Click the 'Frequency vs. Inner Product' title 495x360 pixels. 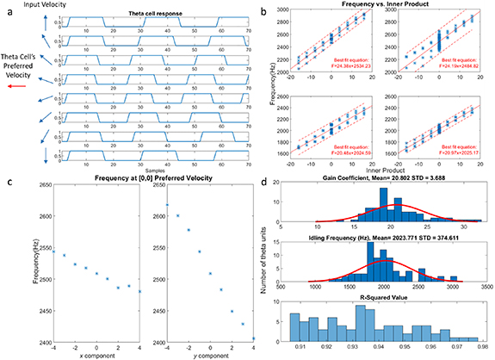[x=376, y=6]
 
